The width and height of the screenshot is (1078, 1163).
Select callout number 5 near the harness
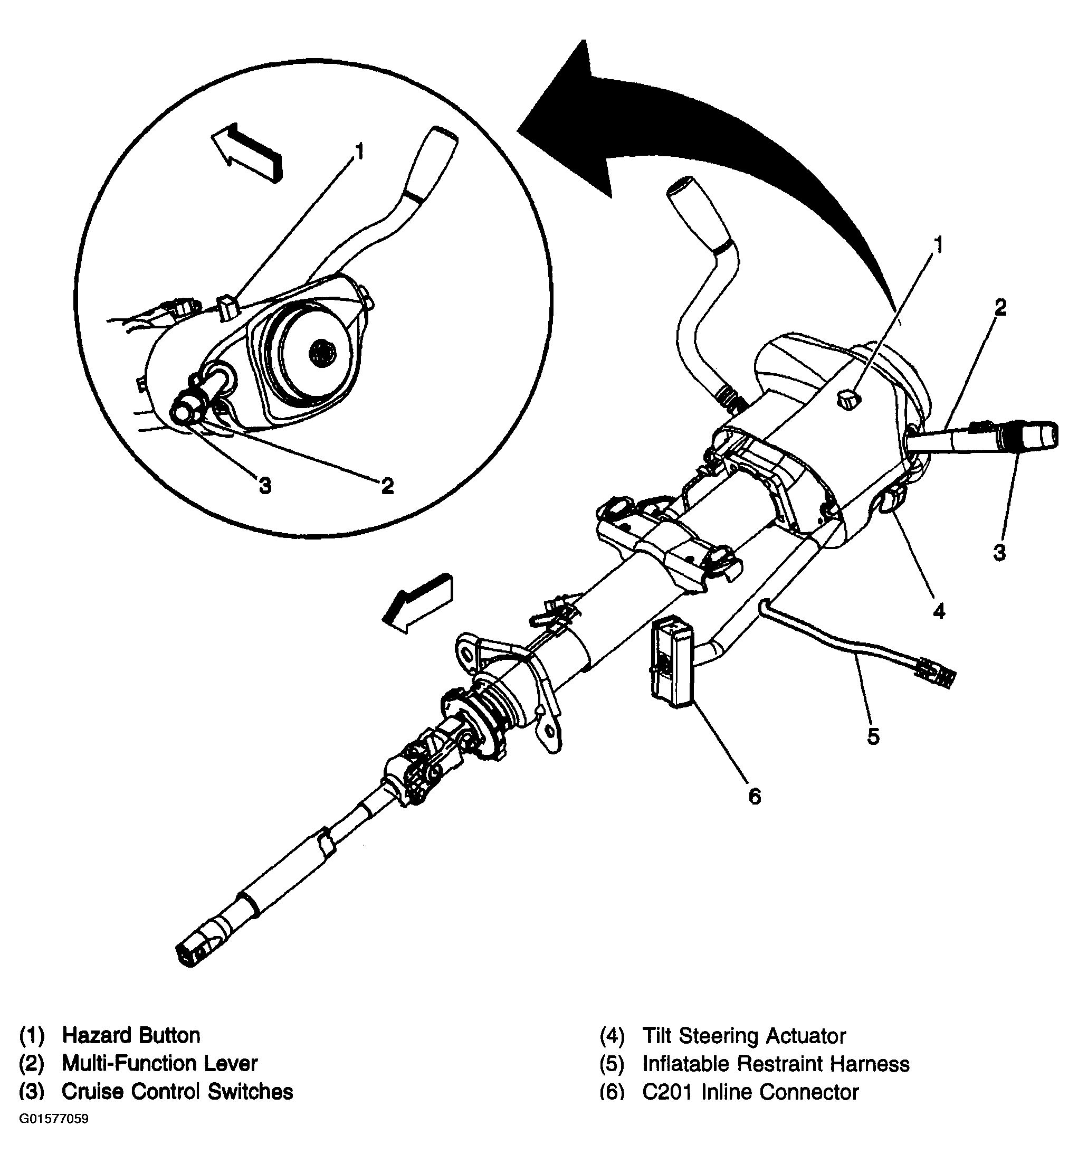(873, 736)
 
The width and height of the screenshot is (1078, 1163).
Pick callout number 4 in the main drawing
(939, 610)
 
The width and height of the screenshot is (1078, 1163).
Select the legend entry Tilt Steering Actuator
(744, 1036)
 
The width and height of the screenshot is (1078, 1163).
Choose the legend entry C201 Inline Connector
(750, 1092)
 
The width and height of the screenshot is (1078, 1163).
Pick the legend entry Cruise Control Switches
(177, 1091)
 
